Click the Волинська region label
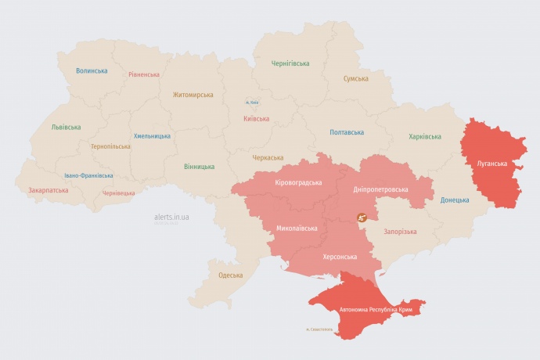click(92, 70)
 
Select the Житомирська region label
click(193, 95)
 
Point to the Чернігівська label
click(290, 63)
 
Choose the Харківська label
click(424, 136)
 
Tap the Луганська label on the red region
click(491, 164)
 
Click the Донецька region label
click(455, 200)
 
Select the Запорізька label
click(400, 232)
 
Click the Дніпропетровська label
click(381, 189)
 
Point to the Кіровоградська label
click(298, 182)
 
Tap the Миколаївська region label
click(297, 229)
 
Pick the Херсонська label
click(340, 257)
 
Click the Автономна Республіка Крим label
click(375, 310)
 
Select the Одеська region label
click(230, 275)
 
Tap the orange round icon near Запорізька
click(362, 218)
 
